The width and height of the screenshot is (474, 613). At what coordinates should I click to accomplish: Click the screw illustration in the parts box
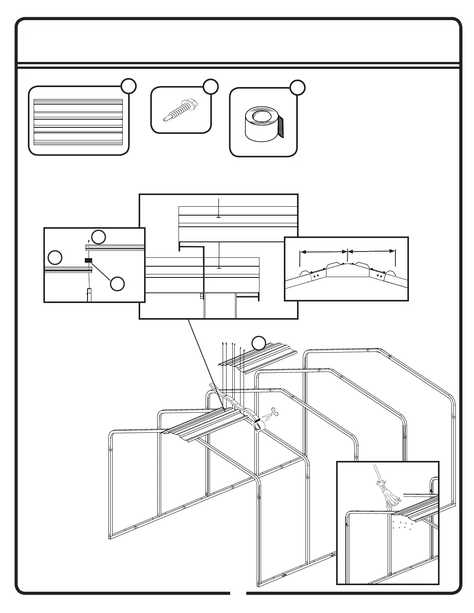(x=180, y=110)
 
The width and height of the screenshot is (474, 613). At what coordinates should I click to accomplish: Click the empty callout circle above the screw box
(x=211, y=87)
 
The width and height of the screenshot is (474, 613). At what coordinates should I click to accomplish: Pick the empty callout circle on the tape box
(x=297, y=87)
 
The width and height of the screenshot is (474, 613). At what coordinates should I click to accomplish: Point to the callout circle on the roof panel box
(x=128, y=86)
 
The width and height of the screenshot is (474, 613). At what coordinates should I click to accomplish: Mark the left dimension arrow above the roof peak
(x=324, y=252)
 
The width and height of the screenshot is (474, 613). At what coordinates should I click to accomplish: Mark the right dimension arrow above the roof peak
(x=371, y=252)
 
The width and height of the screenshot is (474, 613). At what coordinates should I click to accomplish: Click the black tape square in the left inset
(x=88, y=260)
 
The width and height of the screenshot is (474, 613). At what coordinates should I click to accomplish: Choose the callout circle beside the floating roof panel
(x=259, y=343)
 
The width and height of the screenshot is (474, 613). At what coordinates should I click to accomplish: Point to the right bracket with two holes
(x=378, y=276)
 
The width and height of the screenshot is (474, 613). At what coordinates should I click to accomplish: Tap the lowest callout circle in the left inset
(x=117, y=284)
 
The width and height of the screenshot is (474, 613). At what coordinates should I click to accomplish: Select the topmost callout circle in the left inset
(x=98, y=237)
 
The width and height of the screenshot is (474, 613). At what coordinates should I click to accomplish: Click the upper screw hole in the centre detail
(x=219, y=217)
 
